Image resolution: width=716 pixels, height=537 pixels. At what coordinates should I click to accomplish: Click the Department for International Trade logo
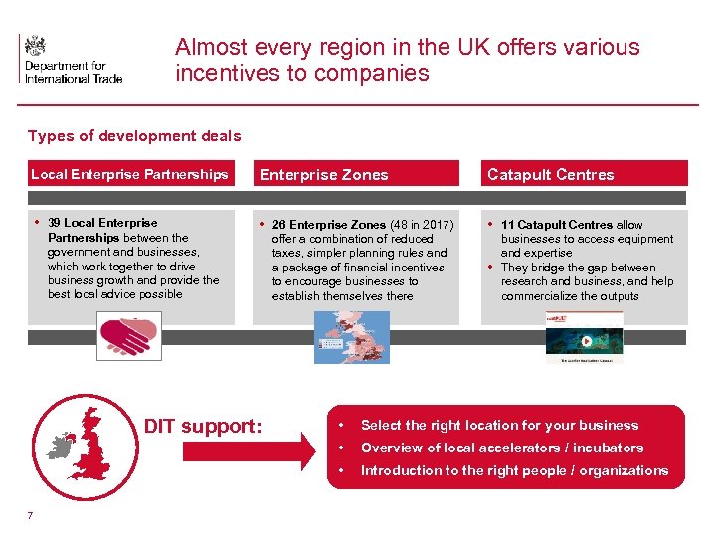[70, 59]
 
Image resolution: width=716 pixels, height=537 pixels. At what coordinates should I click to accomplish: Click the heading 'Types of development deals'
[134, 136]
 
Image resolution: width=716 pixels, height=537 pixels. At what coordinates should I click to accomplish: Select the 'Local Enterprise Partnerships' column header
[129, 174]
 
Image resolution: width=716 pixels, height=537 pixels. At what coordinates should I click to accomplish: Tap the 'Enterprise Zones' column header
[324, 175]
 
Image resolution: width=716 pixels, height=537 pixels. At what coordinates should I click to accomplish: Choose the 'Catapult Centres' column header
[551, 175]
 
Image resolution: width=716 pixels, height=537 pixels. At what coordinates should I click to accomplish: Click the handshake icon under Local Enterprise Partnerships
[129, 336]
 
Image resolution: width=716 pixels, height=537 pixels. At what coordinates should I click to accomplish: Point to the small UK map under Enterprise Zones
[352, 337]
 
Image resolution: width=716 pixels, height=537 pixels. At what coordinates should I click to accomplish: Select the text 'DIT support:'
[203, 427]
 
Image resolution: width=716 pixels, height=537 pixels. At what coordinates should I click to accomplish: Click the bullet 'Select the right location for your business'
[499, 426]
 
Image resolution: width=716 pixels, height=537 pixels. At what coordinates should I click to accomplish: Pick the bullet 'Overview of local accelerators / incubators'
[502, 448]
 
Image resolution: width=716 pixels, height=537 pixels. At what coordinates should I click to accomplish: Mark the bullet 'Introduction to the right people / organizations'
[514, 471]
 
